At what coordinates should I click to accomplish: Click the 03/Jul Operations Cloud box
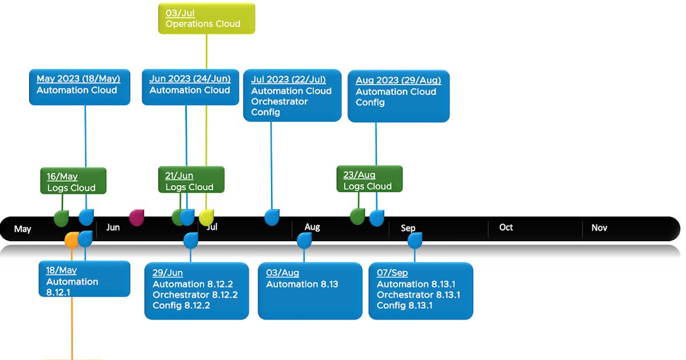pyautogui.click(x=207, y=18)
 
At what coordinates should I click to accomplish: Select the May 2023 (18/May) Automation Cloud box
pyautogui.click(x=79, y=87)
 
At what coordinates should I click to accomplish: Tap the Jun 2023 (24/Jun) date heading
pyautogui.click(x=190, y=79)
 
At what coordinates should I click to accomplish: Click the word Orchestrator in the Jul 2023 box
pyautogui.click(x=280, y=101)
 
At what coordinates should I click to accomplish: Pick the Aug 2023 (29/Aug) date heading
pyautogui.click(x=398, y=80)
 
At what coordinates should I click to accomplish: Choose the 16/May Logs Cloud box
pyautogui.click(x=74, y=181)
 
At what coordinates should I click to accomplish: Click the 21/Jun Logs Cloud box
pyautogui.click(x=192, y=179)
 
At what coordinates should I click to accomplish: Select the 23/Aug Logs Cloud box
pyautogui.click(x=370, y=179)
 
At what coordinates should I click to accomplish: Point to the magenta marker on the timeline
pyautogui.click(x=137, y=218)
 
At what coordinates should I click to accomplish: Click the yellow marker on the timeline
pyautogui.click(x=206, y=218)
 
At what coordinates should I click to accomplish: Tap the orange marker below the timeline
pyautogui.click(x=71, y=239)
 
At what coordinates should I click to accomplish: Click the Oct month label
pyautogui.click(x=506, y=227)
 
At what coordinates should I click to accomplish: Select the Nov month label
pyautogui.click(x=599, y=228)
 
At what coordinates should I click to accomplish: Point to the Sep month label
pyautogui.click(x=408, y=228)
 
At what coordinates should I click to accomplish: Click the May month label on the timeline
pyautogui.click(x=23, y=229)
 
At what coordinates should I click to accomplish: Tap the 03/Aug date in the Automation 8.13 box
pyautogui.click(x=282, y=273)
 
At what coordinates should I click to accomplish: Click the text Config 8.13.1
pyautogui.click(x=405, y=306)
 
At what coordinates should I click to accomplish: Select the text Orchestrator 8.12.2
pyautogui.click(x=195, y=295)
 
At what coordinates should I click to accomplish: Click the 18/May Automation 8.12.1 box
pyautogui.click(x=85, y=279)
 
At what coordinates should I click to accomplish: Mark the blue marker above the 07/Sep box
pyautogui.click(x=415, y=241)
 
